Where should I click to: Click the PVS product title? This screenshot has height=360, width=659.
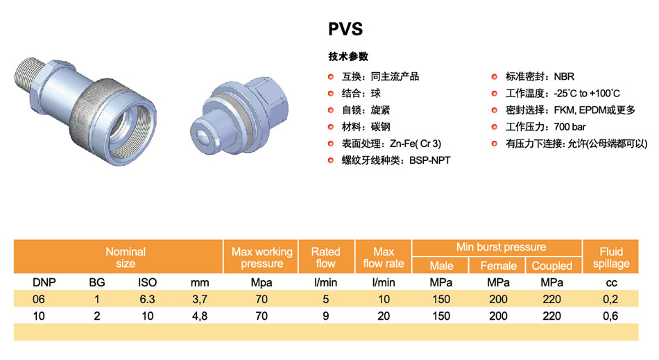(345, 29)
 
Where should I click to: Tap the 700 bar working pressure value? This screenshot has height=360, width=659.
(570, 127)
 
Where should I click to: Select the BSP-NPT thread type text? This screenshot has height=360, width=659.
(429, 160)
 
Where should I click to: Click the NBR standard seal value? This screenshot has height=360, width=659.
(564, 76)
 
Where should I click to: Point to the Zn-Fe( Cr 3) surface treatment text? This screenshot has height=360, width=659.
(416, 144)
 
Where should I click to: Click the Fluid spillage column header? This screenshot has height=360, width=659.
(611, 257)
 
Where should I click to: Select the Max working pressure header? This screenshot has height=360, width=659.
(262, 257)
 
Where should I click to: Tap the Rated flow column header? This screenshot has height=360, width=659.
(326, 257)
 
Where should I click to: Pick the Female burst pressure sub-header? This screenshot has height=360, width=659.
(499, 266)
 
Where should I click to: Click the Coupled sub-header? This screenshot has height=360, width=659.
(552, 266)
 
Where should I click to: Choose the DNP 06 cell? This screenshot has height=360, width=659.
(39, 299)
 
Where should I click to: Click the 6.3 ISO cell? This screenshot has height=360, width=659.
(147, 299)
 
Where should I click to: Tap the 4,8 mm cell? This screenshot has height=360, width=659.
(200, 316)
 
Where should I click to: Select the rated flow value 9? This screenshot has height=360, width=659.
(326, 316)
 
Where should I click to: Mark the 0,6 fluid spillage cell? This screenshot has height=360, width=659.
(610, 316)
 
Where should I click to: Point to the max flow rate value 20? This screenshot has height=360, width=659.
(384, 316)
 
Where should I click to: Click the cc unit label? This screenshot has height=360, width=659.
(612, 283)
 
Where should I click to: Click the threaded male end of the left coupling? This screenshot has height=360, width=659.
(29, 78)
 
